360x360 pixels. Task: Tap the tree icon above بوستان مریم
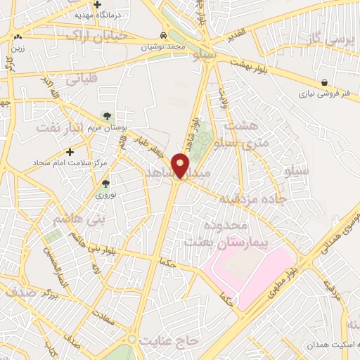(107, 115)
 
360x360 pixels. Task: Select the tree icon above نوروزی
(105, 183)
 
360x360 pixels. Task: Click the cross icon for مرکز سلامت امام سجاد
(69, 151)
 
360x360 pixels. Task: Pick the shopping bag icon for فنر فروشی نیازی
(323, 82)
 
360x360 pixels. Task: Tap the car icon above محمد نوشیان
(163, 35)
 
